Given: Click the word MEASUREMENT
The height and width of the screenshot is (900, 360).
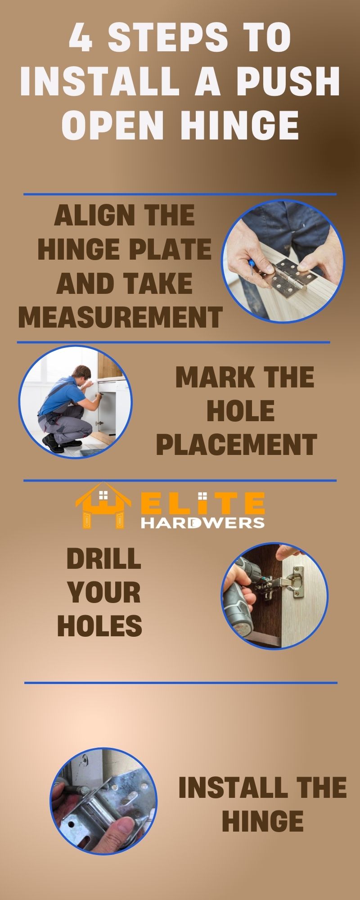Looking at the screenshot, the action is tap(120, 316).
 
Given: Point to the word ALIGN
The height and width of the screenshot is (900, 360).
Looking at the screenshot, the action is tap(87, 216).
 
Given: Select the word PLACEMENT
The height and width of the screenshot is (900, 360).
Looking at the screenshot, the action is tap(237, 445).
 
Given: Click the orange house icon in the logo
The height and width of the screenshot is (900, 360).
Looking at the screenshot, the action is tap(103, 506).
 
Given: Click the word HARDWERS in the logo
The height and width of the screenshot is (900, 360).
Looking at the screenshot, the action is tap(202, 523).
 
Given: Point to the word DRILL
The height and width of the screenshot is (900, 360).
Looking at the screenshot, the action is tap(103, 559).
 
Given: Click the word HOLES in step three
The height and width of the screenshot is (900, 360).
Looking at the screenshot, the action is tap(100, 626).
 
